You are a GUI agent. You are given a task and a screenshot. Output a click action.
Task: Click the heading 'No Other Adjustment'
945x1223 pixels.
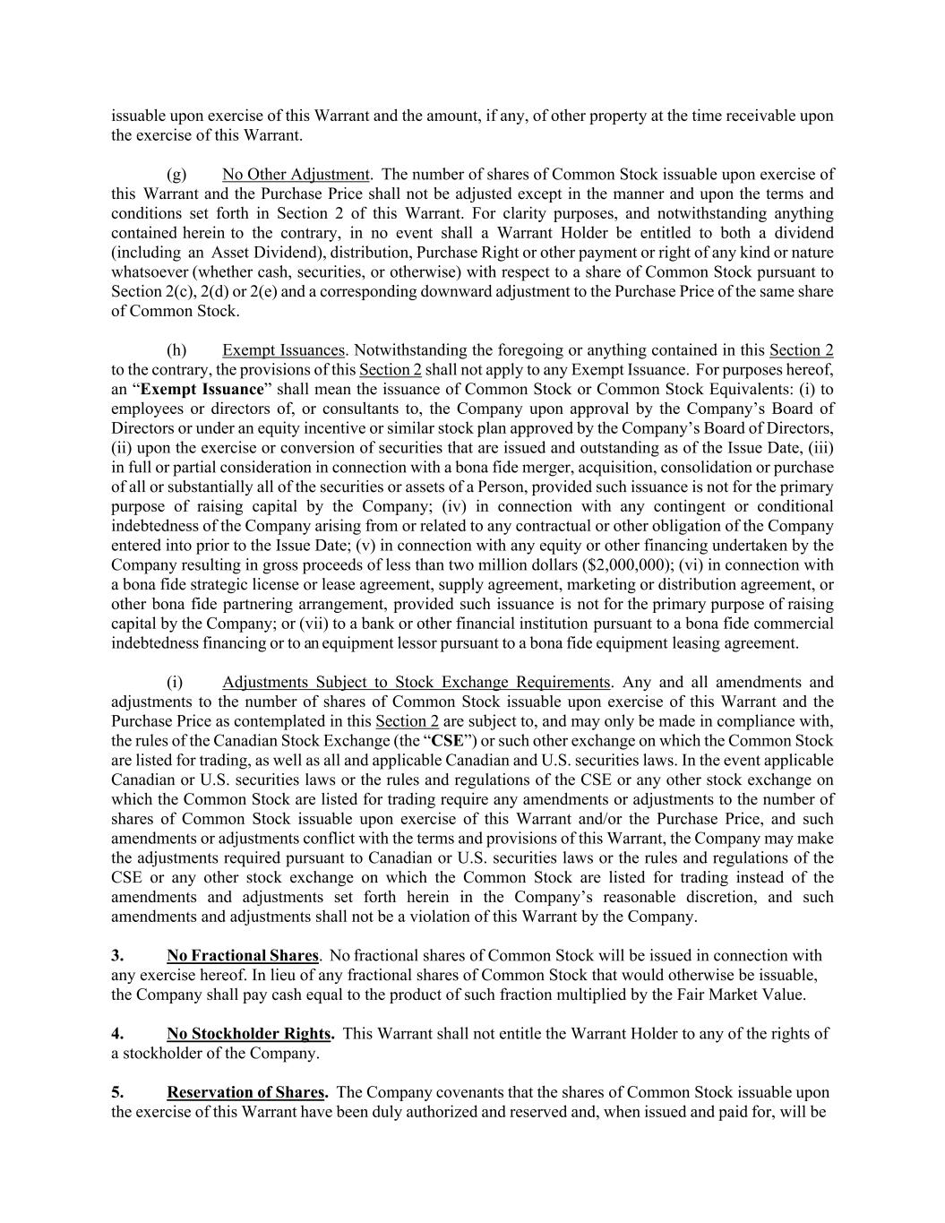pyautogui.click(x=296, y=174)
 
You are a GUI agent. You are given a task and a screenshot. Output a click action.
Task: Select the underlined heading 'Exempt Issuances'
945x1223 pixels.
pyautogui.click(x=283, y=350)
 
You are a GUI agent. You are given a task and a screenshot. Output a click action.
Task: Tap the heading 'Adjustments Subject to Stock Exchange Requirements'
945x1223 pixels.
pyautogui.click(x=416, y=682)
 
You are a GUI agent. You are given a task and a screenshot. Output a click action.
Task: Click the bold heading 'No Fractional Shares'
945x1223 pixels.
pyautogui.click(x=242, y=956)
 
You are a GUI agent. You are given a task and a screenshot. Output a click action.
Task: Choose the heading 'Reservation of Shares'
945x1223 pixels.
pyautogui.click(x=246, y=1092)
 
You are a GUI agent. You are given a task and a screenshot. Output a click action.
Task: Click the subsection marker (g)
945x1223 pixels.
pyautogui.click(x=176, y=174)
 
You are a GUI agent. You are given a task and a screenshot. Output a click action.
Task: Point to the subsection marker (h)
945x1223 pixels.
pyautogui.click(x=176, y=350)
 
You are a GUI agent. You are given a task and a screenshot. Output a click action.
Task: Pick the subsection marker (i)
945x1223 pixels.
pyautogui.click(x=175, y=682)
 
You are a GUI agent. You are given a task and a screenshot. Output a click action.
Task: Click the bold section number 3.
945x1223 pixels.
pyautogui.click(x=117, y=956)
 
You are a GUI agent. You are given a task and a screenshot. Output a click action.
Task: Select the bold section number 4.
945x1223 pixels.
pyautogui.click(x=117, y=1034)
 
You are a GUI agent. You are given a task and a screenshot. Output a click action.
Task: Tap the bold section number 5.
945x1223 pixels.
pyautogui.click(x=117, y=1092)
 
